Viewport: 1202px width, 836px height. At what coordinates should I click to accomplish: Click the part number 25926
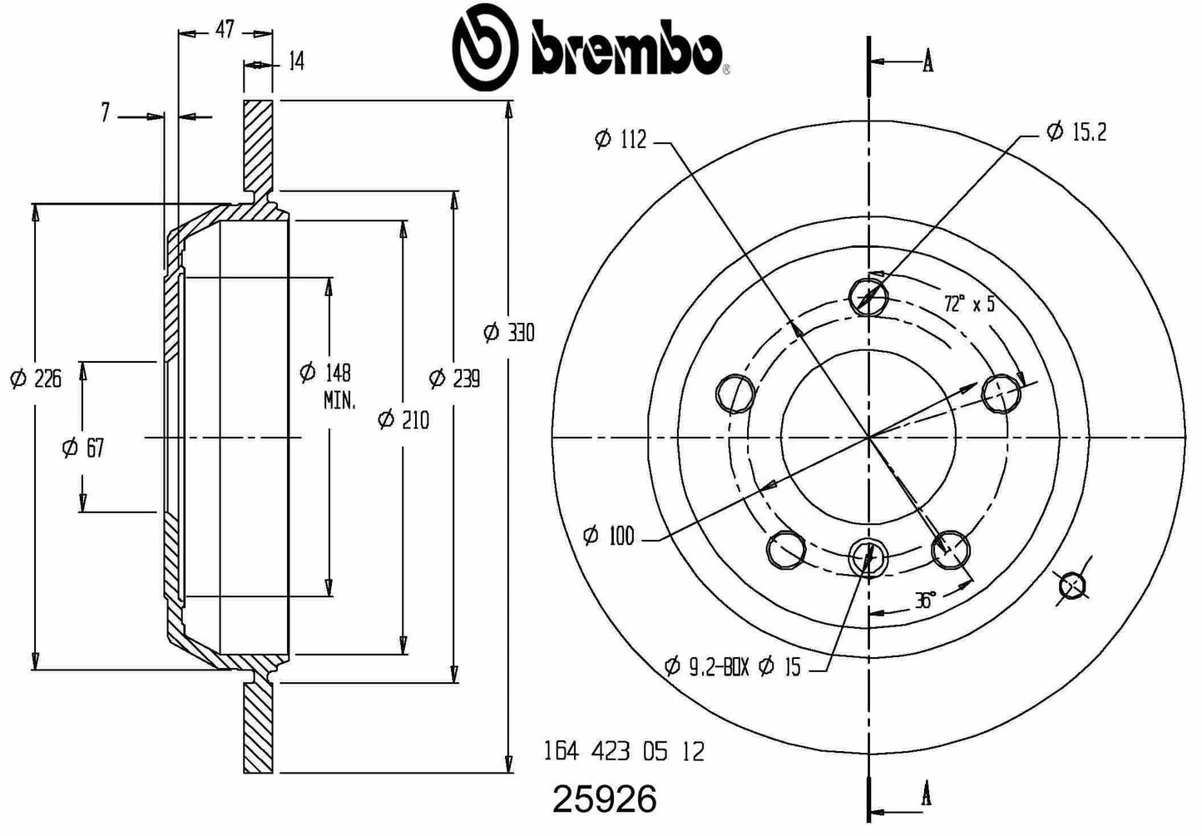[x=605, y=800]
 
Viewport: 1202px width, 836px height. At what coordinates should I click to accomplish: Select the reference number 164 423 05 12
[x=623, y=752]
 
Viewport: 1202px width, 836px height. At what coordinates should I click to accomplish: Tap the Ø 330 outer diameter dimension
[x=509, y=333]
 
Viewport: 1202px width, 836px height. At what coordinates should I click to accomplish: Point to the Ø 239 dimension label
[x=454, y=378]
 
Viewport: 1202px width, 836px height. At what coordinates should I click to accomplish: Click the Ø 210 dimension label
[x=403, y=420]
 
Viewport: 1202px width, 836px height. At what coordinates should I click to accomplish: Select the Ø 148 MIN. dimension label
[x=328, y=385]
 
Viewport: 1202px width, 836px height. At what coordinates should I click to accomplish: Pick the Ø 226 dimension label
[x=36, y=379]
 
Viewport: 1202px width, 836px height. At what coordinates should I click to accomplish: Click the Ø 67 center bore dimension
[x=82, y=448]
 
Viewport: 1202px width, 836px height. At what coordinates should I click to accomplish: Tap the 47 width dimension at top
[x=225, y=31]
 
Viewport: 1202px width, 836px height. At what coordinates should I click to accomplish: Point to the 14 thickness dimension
[x=296, y=62]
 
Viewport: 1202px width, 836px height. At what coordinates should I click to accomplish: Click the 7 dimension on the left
[x=105, y=113]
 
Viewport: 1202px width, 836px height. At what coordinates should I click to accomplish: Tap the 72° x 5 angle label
[x=969, y=303]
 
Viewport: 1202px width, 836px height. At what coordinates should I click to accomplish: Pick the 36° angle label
[x=925, y=600]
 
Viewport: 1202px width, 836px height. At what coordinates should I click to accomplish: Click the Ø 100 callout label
[x=609, y=537]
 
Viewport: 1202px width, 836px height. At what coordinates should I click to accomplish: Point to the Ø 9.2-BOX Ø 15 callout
[x=733, y=666]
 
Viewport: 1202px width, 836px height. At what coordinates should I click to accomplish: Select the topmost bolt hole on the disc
[x=868, y=295]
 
